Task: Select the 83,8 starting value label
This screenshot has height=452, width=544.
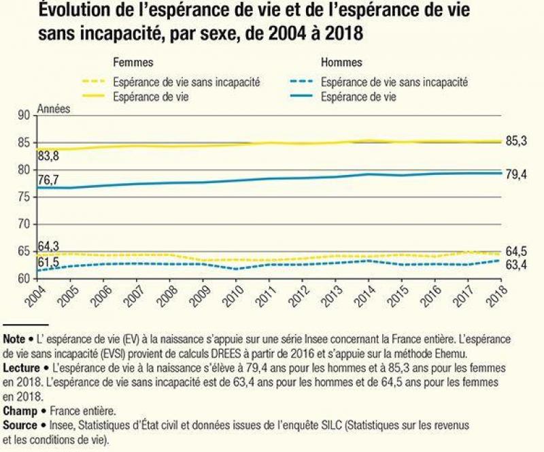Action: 48,157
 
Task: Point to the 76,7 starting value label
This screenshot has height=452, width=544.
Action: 48,180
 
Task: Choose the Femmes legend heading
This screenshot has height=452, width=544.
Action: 133,63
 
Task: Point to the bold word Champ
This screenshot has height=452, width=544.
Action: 19,411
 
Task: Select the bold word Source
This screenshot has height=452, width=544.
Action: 20,425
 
